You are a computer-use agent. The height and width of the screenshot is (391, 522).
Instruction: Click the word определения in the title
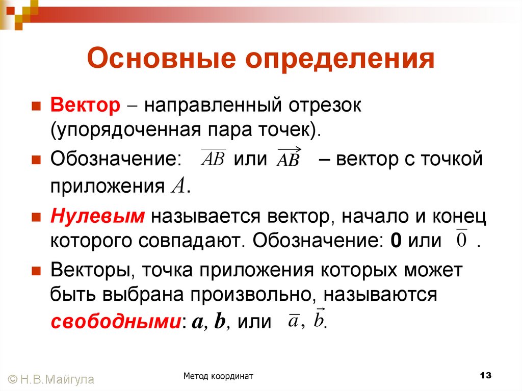[x=341, y=60]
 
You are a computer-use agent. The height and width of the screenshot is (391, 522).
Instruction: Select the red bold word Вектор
[x=84, y=106]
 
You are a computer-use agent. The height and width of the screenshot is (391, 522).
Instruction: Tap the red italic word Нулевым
[x=98, y=216]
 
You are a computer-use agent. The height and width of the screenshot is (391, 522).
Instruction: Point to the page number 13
[x=485, y=376]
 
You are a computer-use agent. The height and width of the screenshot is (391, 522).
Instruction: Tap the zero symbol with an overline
[x=461, y=239]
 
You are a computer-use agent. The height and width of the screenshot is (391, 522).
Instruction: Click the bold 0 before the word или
[x=395, y=240]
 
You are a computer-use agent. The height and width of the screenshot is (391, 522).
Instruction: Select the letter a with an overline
[x=293, y=321]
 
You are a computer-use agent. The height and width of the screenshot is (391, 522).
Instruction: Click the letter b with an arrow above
[x=319, y=320]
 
